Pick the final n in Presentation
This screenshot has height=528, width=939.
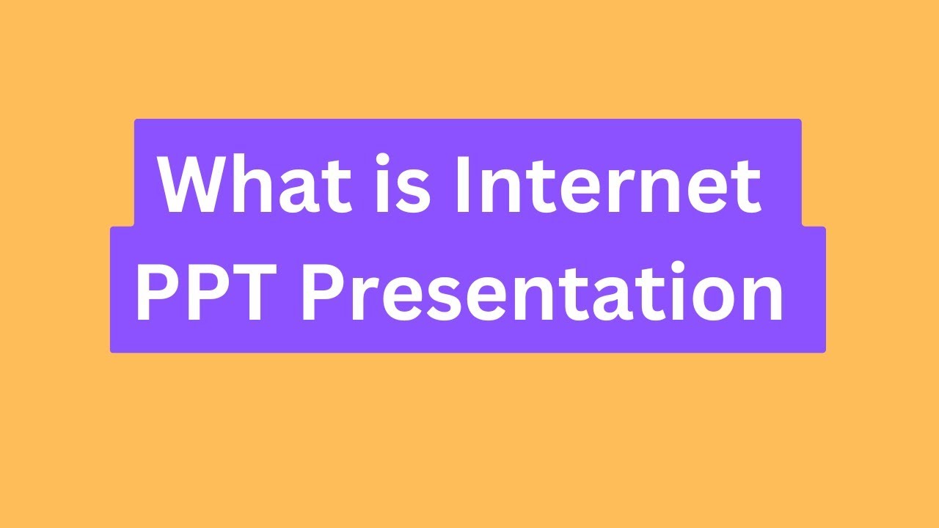[x=763, y=299]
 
